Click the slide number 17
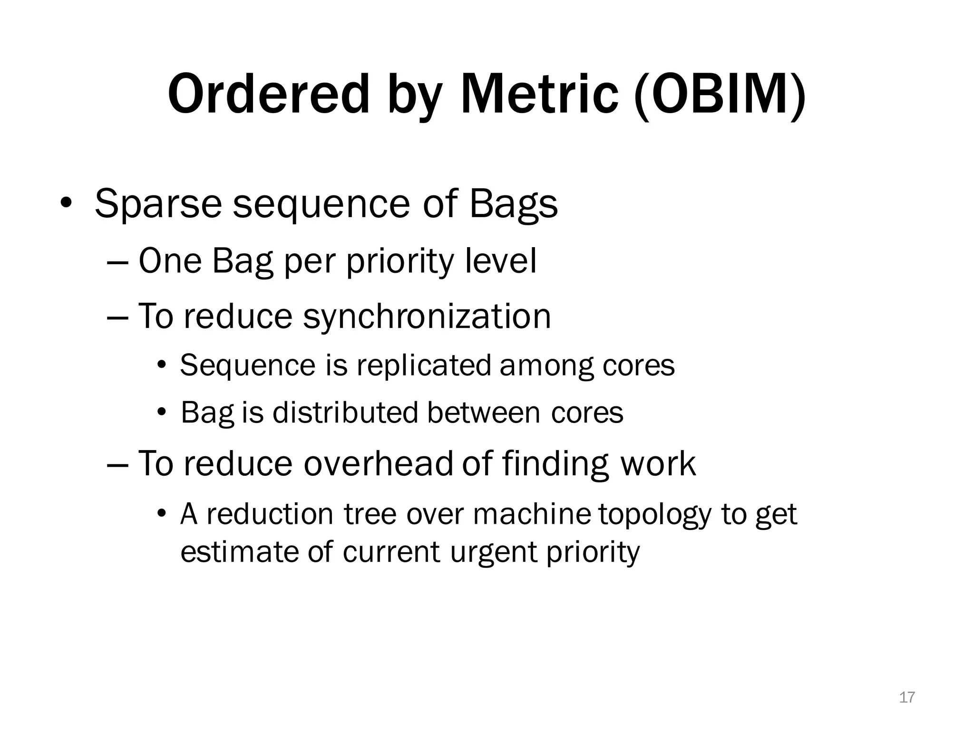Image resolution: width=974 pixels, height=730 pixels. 907,697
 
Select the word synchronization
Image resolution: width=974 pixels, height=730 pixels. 427,317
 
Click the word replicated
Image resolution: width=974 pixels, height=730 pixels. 423,365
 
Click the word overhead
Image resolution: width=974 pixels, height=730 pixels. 378,464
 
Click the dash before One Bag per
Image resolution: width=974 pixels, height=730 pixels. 117,263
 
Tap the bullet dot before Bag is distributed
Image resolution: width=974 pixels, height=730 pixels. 162,412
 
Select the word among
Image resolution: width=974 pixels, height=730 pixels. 546,366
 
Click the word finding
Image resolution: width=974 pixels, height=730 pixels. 555,464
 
